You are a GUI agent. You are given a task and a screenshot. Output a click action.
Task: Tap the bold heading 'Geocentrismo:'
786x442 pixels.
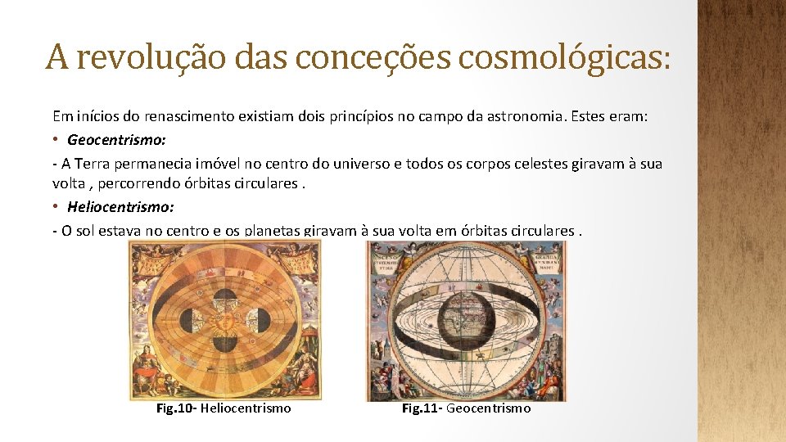click(x=117, y=140)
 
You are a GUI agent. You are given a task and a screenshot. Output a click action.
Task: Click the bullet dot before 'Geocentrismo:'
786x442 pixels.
click(x=56, y=140)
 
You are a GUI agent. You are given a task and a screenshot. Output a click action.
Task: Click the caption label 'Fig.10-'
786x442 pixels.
click(x=176, y=408)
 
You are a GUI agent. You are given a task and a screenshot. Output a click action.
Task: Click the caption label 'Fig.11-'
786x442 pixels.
click(x=422, y=408)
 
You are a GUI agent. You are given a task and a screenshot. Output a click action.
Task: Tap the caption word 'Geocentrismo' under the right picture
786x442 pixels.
click(x=489, y=408)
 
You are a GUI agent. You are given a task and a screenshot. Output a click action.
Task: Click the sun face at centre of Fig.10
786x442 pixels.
click(x=225, y=321)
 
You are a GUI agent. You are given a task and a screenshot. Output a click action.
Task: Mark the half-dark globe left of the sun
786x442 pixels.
click(x=190, y=321)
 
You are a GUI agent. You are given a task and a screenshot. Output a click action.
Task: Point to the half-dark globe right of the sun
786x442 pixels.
click(x=260, y=321)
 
